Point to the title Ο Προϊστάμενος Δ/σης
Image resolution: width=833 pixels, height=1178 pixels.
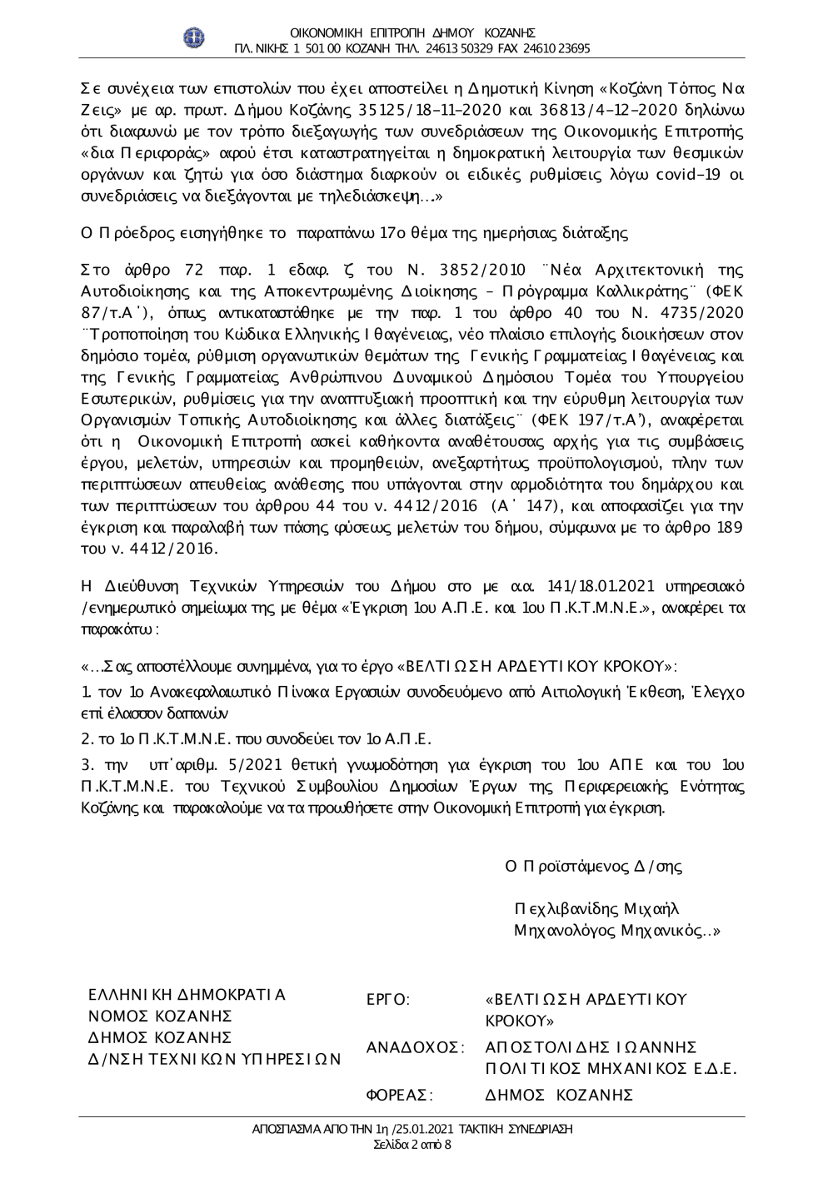[x=594, y=866]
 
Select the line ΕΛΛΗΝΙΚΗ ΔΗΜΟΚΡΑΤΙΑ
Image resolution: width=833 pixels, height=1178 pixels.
[x=187, y=995]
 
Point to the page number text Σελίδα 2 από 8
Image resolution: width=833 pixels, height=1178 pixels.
[x=413, y=1145]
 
